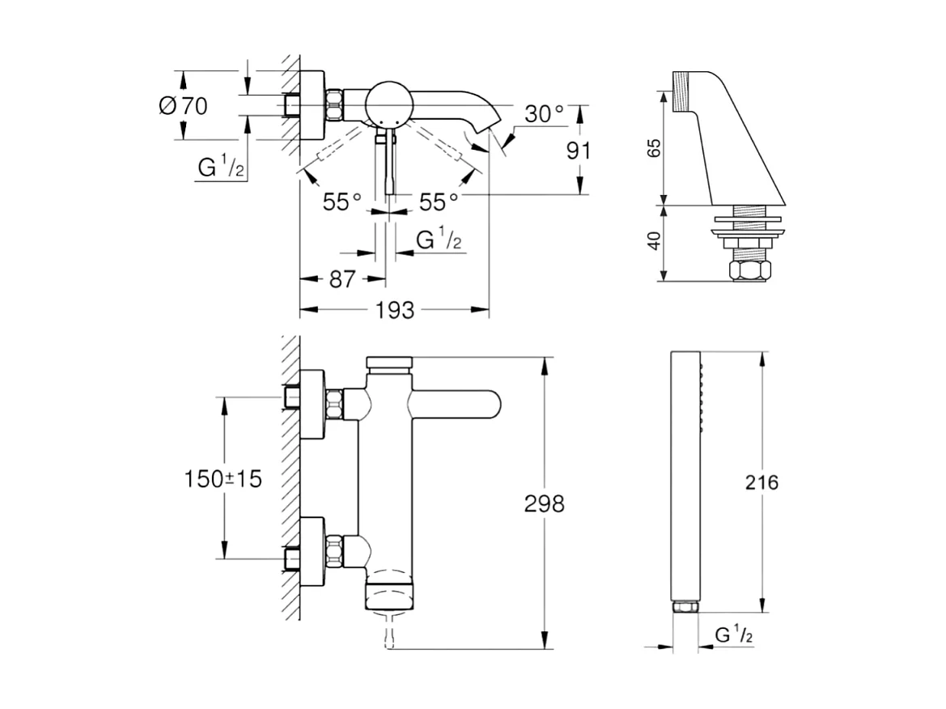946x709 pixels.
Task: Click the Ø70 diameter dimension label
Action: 184,105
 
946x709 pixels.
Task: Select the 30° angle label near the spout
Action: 543,115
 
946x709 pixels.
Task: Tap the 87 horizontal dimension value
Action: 342,279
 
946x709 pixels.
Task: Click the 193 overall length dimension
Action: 396,310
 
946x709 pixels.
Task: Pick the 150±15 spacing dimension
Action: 224,479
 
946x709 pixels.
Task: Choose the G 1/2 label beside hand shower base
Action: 734,635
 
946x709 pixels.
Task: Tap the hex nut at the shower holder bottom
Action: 749,269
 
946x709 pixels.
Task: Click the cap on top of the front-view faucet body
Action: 390,363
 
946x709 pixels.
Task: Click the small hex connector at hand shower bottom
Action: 685,607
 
